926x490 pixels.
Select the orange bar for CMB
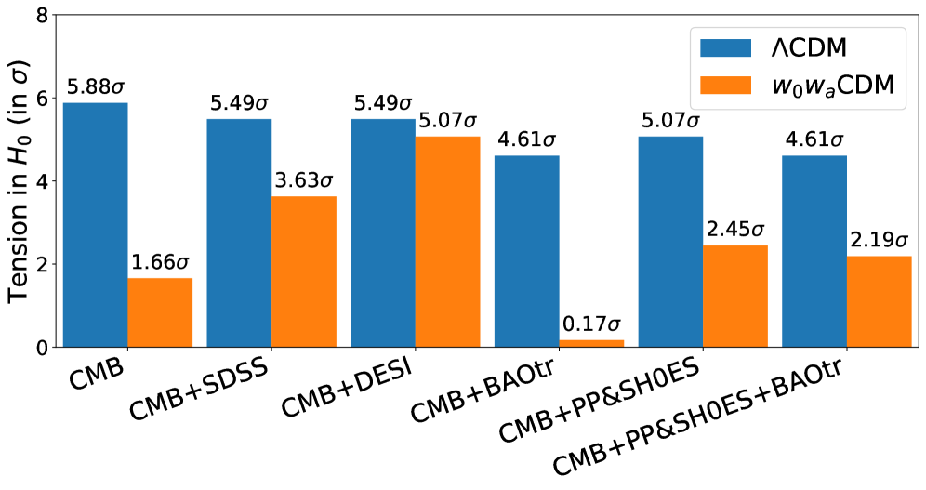pyautogui.click(x=160, y=312)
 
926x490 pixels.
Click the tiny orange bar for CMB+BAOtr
pyautogui.click(x=592, y=344)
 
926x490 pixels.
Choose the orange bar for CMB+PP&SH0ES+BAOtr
pyautogui.click(x=880, y=301)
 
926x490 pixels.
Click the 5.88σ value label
pyautogui.click(x=95, y=88)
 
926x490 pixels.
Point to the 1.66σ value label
pyautogui.click(x=160, y=264)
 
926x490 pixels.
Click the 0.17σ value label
pyautogui.click(x=592, y=326)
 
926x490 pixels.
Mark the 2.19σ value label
pyautogui.click(x=880, y=242)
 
